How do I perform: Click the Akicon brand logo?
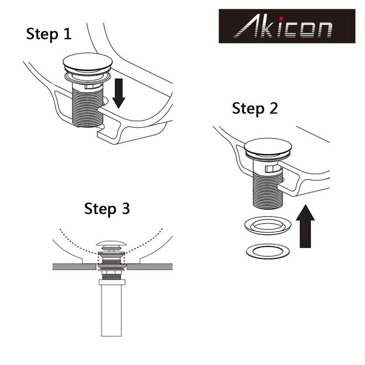[x=287, y=26]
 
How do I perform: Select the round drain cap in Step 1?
[x=86, y=62]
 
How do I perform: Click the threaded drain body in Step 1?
[x=87, y=107]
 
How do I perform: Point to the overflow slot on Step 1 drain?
[x=91, y=85]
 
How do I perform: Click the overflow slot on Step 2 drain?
[x=272, y=169]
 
